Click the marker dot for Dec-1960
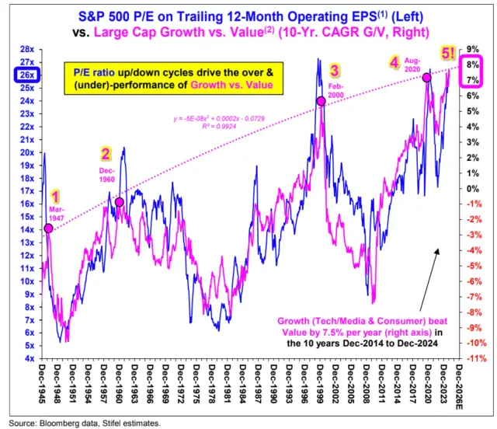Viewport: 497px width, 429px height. pos(119,202)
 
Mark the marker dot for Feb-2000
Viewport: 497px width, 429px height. pos(321,101)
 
